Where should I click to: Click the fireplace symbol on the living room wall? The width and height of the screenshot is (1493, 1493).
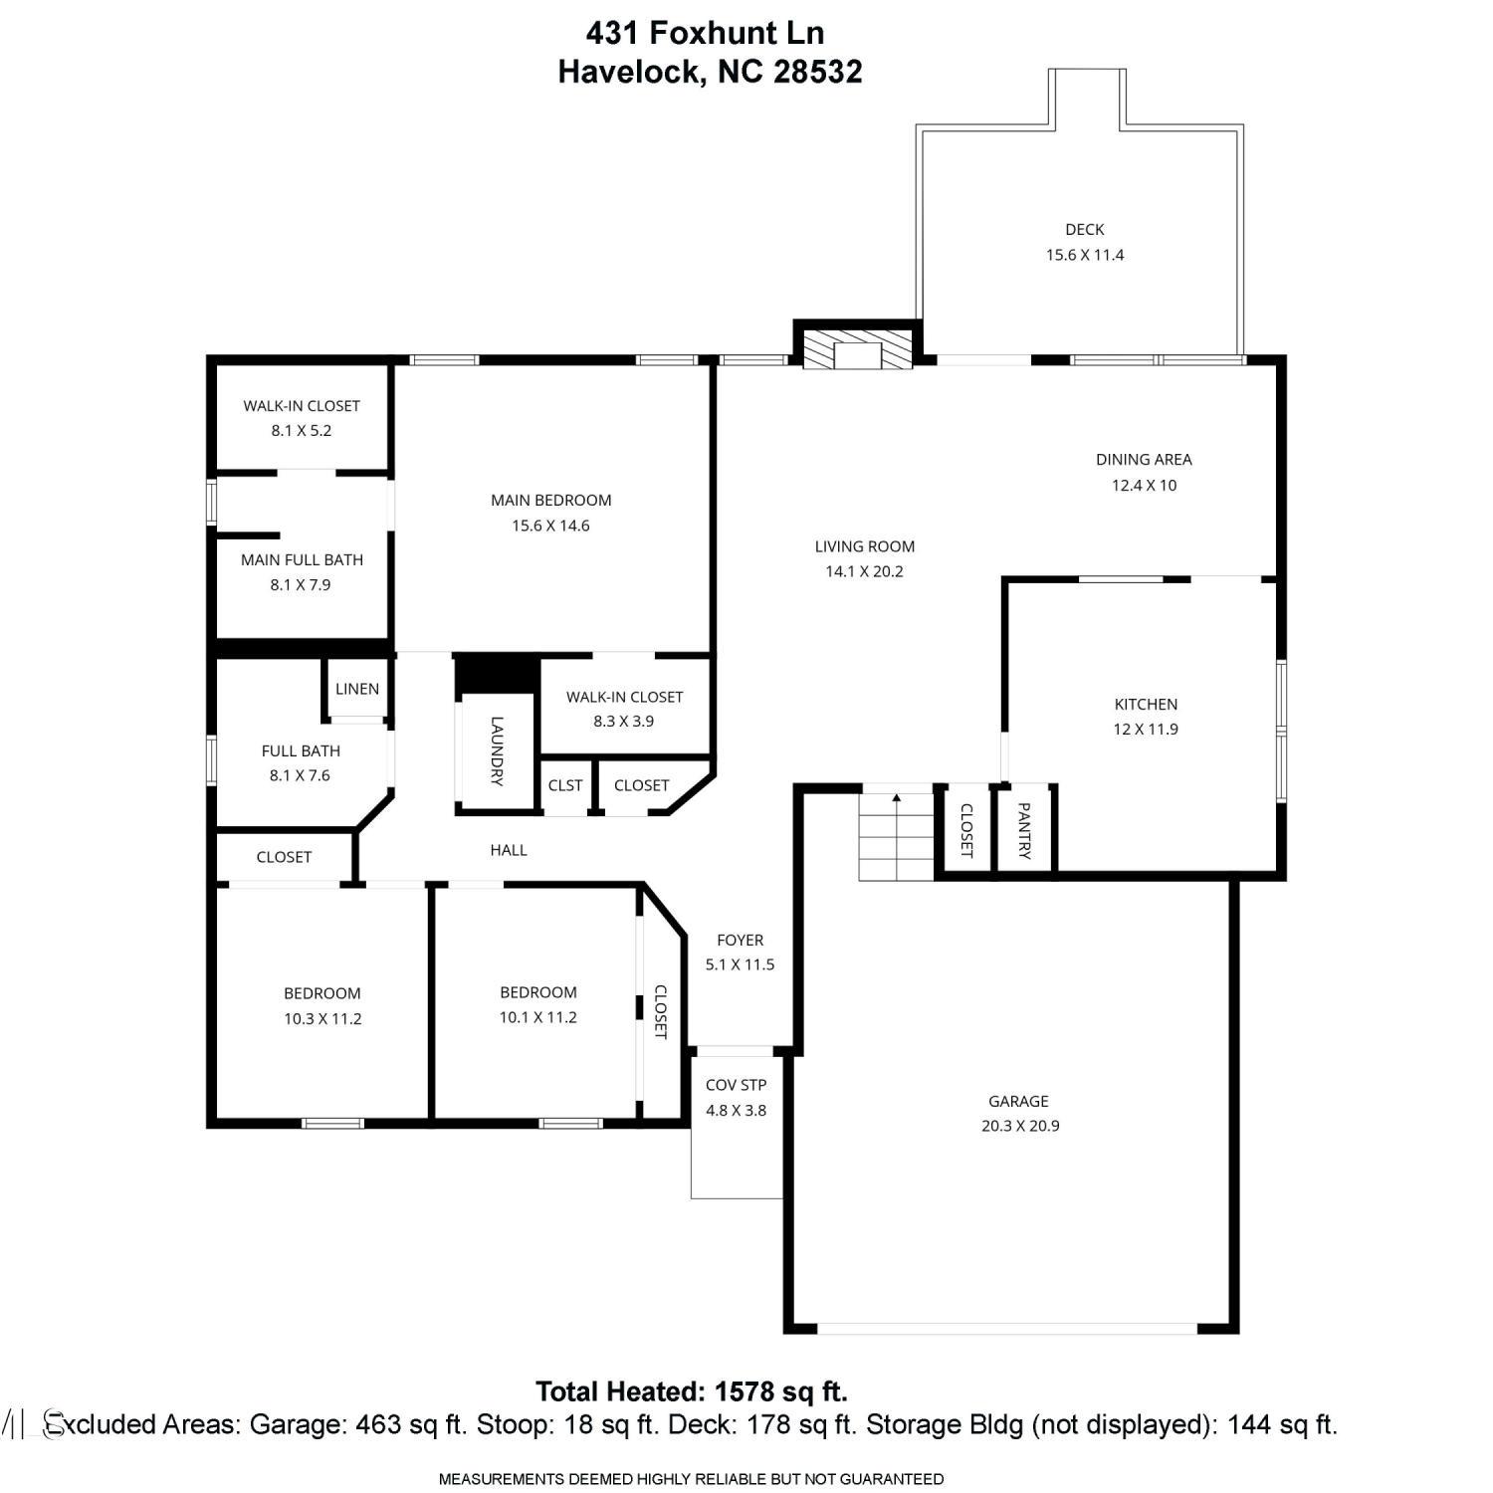click(x=857, y=349)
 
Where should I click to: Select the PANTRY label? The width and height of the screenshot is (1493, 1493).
click(x=1024, y=831)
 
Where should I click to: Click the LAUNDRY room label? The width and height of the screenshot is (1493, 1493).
click(x=497, y=751)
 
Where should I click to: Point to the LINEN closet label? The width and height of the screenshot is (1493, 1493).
click(x=357, y=689)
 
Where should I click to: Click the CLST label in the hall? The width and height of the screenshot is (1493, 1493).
click(x=565, y=785)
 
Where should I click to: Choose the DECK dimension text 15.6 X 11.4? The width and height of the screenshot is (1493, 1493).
click(x=1085, y=255)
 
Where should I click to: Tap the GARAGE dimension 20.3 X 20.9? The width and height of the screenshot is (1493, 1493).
click(x=1020, y=1126)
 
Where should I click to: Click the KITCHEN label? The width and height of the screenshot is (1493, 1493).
click(x=1146, y=704)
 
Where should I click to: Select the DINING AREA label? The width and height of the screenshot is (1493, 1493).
click(x=1144, y=459)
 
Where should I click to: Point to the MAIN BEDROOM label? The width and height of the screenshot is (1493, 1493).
click(x=551, y=500)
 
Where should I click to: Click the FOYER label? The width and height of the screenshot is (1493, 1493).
click(x=741, y=940)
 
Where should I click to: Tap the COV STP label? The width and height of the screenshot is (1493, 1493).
click(x=737, y=1085)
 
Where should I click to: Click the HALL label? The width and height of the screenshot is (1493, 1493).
click(x=509, y=850)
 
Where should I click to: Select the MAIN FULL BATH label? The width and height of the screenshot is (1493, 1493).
click(x=302, y=559)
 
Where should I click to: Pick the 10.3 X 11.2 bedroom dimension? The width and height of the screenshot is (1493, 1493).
click(x=322, y=1018)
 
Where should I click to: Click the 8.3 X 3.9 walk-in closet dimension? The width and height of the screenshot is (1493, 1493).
click(x=624, y=721)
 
